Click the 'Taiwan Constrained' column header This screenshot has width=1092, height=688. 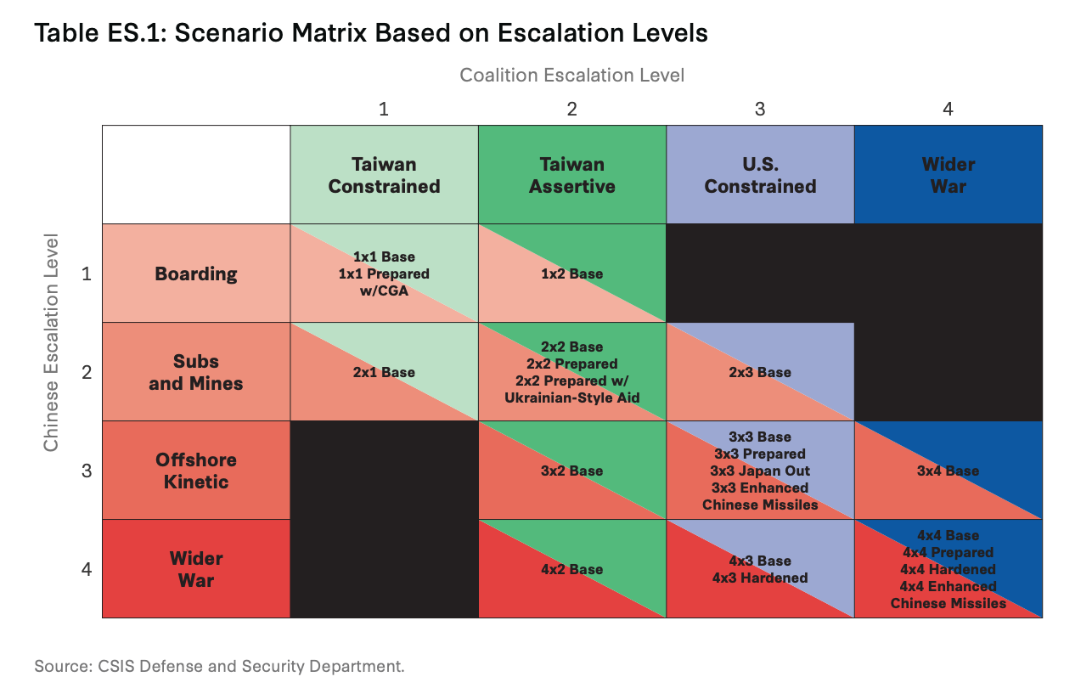[384, 175]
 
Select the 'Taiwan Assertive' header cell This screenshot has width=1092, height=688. [572, 175]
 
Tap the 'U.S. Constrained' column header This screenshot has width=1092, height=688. [760, 175]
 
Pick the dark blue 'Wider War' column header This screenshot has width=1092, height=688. [948, 175]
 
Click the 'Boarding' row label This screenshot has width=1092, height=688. [196, 273]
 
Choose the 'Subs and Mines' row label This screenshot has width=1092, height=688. [196, 371]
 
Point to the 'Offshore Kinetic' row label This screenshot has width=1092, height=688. [196, 470]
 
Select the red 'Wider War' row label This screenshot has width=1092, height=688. [196, 568]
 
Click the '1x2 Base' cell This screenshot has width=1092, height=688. [572, 273]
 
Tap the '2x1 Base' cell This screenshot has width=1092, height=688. [384, 371]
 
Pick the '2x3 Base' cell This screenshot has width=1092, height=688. [760, 371]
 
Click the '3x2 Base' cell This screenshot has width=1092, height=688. [572, 470]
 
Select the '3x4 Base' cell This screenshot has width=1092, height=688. [948, 470]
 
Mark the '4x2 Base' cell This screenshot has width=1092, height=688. [572, 568]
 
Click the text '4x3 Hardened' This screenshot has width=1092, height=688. [760, 578]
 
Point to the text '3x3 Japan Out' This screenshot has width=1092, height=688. [760, 471]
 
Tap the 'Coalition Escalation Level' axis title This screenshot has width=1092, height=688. [571, 75]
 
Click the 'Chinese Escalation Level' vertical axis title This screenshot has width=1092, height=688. [51, 342]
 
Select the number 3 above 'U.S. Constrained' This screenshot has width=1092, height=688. [760, 109]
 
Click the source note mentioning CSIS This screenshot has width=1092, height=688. [219, 666]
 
